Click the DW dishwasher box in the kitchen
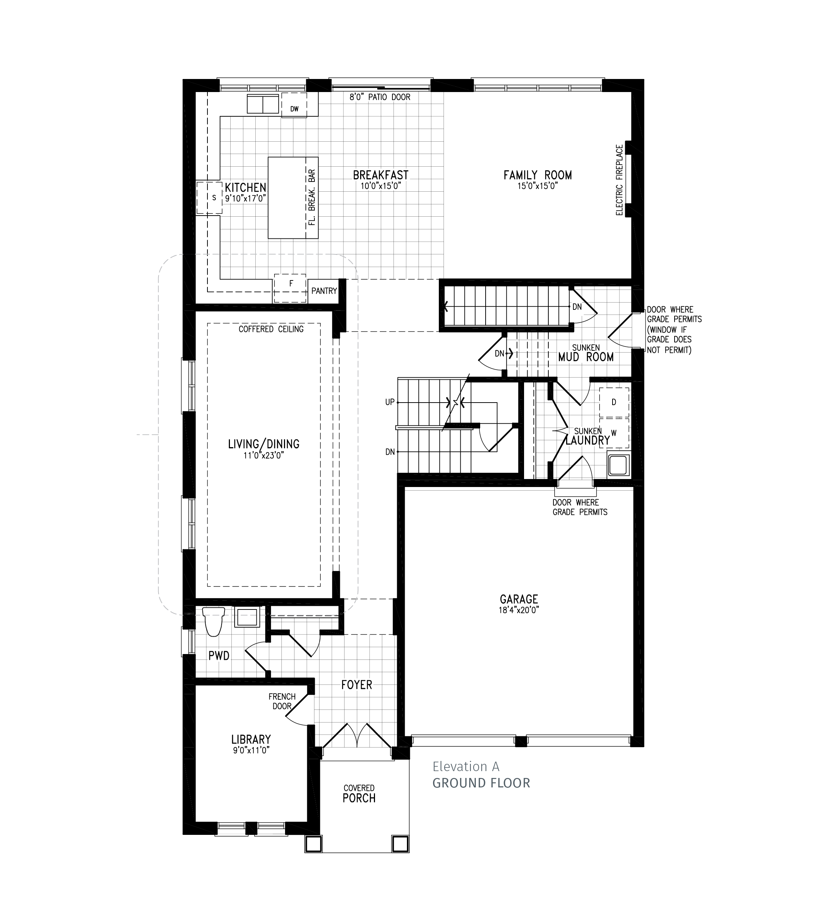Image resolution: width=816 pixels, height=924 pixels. [x=294, y=105]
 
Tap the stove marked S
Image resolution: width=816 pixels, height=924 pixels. [x=209, y=198]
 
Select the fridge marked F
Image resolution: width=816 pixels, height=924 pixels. [x=290, y=288]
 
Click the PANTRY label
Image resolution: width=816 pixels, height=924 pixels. [x=324, y=291]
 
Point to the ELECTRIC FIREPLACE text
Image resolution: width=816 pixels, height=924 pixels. [x=619, y=180]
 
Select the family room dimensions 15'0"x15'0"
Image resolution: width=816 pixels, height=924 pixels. [x=537, y=186]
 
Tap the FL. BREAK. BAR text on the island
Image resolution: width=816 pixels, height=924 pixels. [x=311, y=198]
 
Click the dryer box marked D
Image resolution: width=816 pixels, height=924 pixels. [x=614, y=402]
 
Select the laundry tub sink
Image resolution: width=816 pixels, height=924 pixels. [x=618, y=465]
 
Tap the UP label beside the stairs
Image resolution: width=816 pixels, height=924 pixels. [x=390, y=402]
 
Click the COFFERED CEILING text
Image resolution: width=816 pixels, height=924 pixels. [x=271, y=329]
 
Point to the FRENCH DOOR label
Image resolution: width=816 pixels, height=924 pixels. [x=282, y=702]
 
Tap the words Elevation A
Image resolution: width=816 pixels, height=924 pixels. [x=466, y=767]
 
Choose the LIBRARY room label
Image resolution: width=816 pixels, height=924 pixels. [x=251, y=740]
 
